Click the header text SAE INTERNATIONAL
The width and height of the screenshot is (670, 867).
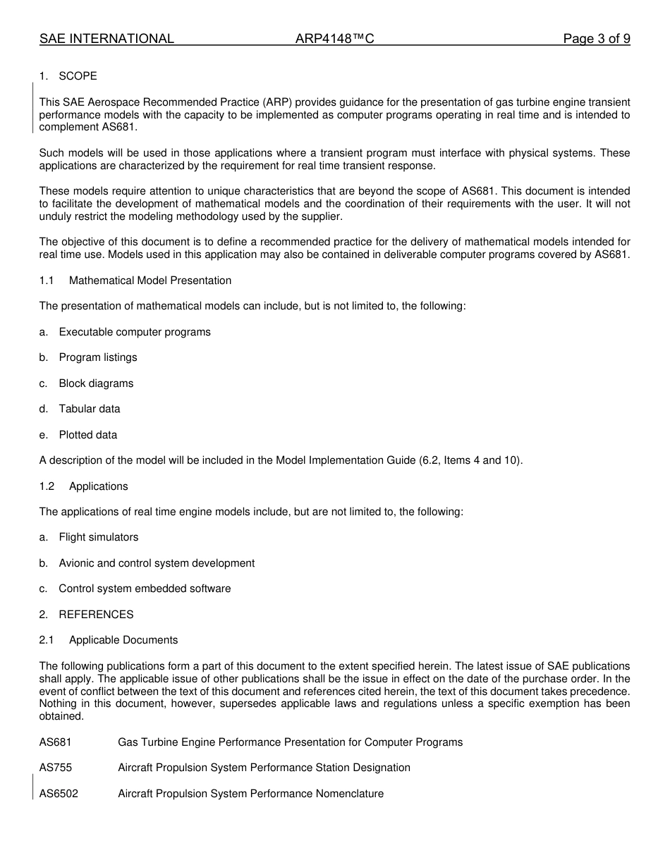(x=106, y=39)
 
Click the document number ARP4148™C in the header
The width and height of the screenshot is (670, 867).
(x=334, y=39)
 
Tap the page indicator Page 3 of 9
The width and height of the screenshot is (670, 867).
(x=596, y=39)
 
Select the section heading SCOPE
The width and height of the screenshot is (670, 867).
(x=78, y=76)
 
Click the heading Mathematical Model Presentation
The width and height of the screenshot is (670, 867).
(x=150, y=281)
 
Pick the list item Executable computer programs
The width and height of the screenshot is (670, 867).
(x=135, y=332)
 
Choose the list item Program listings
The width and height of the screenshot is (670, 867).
(x=98, y=357)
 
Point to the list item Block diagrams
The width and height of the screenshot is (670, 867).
(x=96, y=383)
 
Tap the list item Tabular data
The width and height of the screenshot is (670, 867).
(x=90, y=409)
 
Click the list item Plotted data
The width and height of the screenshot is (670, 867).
(x=88, y=435)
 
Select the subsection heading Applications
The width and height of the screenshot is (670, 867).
(x=99, y=486)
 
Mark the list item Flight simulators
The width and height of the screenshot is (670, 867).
(x=99, y=537)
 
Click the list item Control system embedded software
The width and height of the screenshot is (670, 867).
(x=145, y=589)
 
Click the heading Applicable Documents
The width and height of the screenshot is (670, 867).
(x=123, y=640)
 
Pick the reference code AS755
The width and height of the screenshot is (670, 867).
(x=56, y=768)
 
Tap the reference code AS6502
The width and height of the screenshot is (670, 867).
(x=59, y=794)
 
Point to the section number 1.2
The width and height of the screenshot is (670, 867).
(x=47, y=486)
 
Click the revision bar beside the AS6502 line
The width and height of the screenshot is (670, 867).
(x=33, y=786)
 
